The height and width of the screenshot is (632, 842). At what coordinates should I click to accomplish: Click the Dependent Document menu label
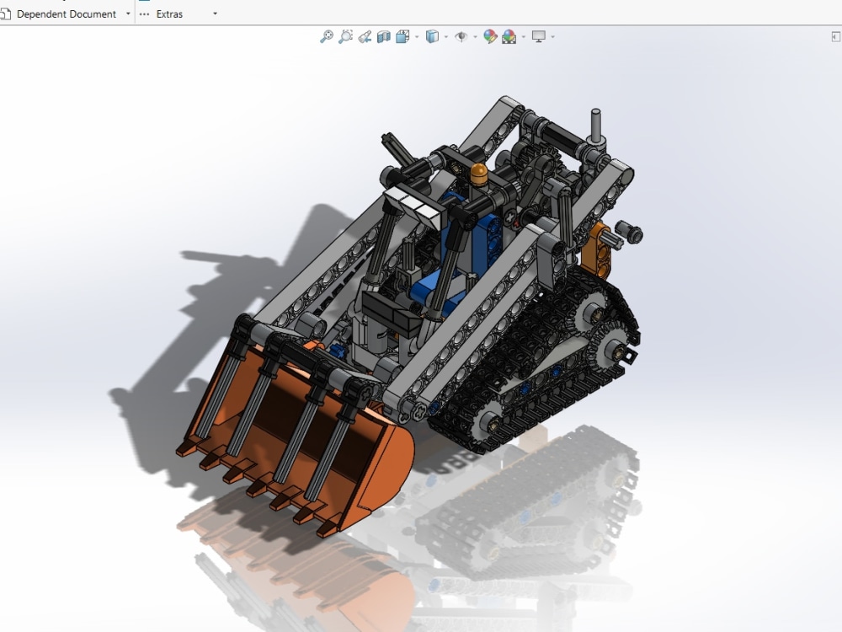[x=66, y=14]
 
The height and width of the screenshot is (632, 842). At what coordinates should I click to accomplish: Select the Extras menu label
[x=169, y=14]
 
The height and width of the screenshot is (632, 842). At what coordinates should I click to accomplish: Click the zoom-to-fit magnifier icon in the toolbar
[x=327, y=36]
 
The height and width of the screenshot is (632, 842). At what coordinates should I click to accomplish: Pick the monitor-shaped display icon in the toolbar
[x=538, y=36]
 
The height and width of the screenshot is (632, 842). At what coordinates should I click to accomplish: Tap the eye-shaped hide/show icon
[x=461, y=36]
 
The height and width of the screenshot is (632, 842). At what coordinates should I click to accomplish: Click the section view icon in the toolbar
[x=384, y=36]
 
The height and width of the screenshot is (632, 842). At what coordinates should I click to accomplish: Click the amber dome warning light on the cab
[x=478, y=174]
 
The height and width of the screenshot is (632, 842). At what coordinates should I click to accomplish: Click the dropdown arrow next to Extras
[x=215, y=14]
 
